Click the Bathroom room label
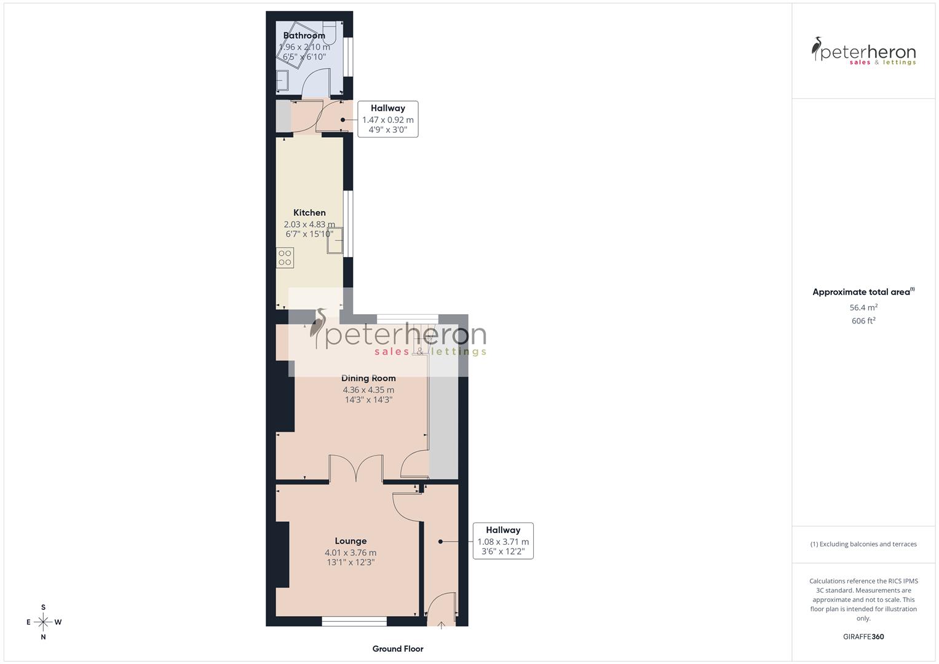pyautogui.click(x=304, y=36)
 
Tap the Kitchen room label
pyautogui.click(x=309, y=213)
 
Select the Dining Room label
pyautogui.click(x=368, y=378)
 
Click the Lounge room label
pyautogui.click(x=351, y=541)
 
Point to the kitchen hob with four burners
pyautogui.click(x=285, y=258)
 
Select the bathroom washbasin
pyautogui.click(x=283, y=81)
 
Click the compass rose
pyautogui.click(x=43, y=622)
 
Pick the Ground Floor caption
pyautogui.click(x=398, y=649)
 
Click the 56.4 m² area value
pyautogui.click(x=863, y=307)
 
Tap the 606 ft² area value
pyautogui.click(x=863, y=321)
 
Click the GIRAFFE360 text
pyautogui.click(x=863, y=637)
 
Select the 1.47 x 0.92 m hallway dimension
pyautogui.click(x=387, y=120)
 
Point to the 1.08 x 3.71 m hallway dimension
pyautogui.click(x=503, y=542)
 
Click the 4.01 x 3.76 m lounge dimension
pyautogui.click(x=351, y=553)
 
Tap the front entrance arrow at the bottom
pyautogui.click(x=441, y=625)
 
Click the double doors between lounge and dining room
pyautogui.click(x=357, y=468)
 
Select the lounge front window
pyautogui.click(x=354, y=622)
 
